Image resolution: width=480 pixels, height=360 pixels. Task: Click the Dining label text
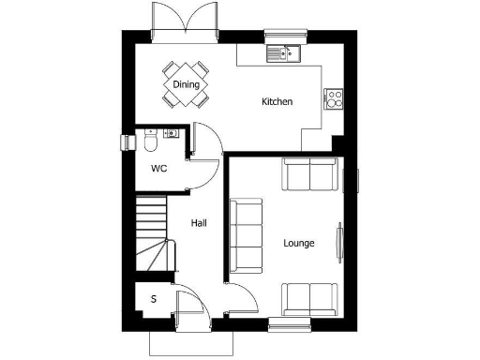point(185,83)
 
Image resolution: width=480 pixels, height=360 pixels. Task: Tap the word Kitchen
point(277,101)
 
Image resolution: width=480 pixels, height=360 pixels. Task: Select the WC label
point(159,169)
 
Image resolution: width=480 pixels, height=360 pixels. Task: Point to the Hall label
point(199,223)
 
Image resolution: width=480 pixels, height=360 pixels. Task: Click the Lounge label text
point(299,244)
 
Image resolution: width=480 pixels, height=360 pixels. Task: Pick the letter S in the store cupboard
point(153,299)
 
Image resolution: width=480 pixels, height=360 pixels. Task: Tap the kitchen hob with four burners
point(334,98)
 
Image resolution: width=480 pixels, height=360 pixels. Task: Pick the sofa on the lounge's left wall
point(247,233)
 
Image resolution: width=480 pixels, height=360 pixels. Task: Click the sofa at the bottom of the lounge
point(309,298)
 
